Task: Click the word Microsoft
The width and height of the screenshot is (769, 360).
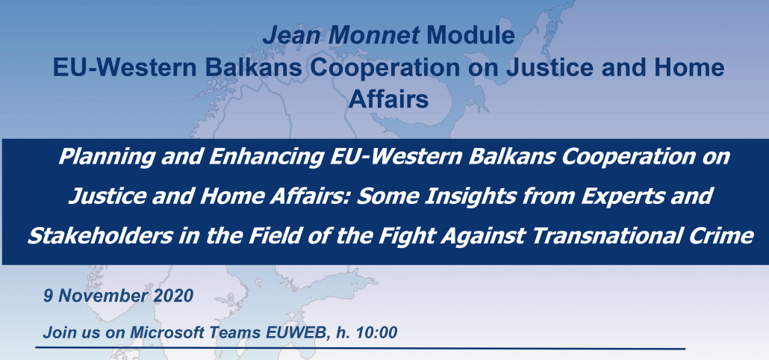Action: tap(169, 332)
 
